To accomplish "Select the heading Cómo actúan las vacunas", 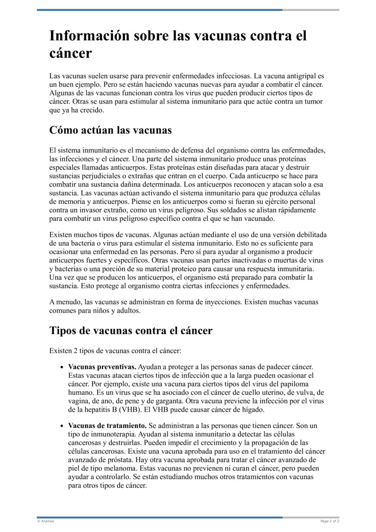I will [110, 129].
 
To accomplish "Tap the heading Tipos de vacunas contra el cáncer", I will [131, 330].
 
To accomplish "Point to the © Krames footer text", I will [46, 521].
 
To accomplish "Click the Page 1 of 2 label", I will [329, 521].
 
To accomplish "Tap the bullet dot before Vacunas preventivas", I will [63, 367].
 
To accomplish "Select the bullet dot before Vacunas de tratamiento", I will [63, 426].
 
